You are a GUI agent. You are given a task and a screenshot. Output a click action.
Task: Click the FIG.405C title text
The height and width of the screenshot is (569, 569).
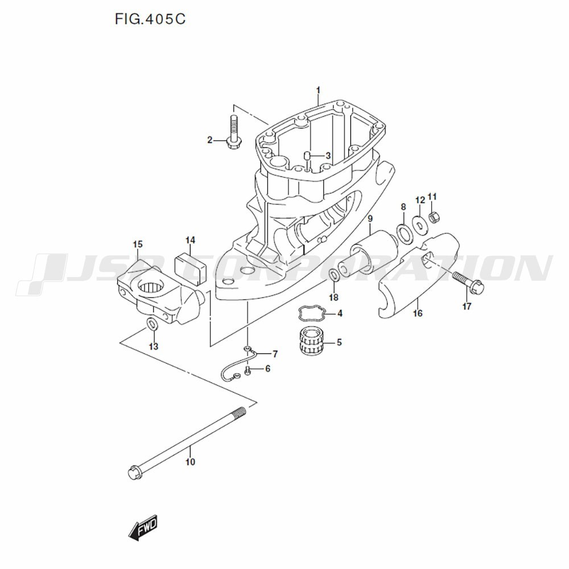(150, 19)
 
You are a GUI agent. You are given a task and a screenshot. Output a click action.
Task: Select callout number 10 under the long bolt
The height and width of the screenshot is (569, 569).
(190, 461)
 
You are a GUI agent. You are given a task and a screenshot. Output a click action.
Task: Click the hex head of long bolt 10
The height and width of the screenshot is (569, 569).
(135, 472)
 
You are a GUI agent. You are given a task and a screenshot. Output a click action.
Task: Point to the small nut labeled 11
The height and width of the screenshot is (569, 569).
(435, 217)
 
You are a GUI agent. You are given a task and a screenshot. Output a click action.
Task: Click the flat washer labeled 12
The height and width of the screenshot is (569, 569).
(420, 224)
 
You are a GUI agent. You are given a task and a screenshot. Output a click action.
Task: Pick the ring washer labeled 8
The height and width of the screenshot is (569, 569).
(405, 233)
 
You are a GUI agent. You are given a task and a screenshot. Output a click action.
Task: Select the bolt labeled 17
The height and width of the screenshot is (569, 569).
(468, 281)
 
